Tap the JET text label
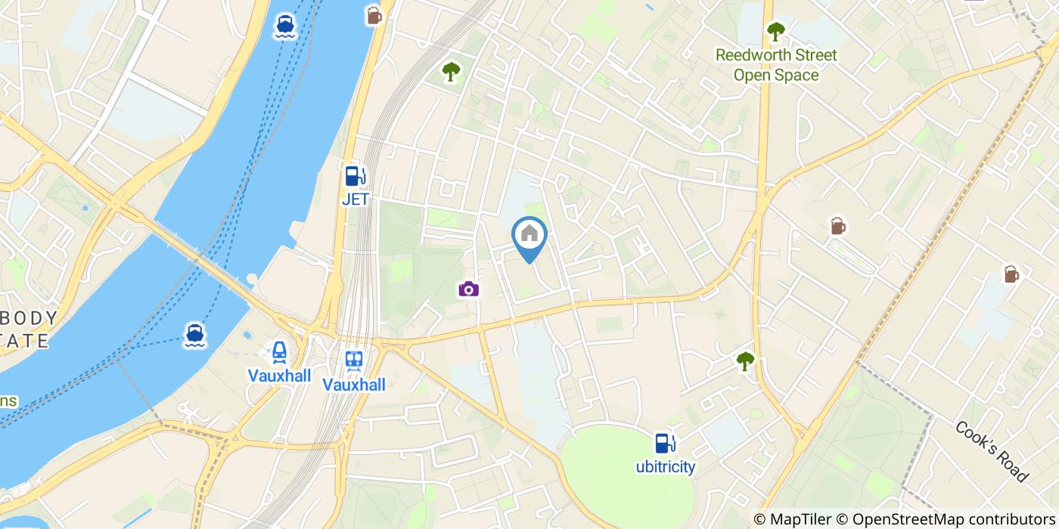(x=355, y=200)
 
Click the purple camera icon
(x=468, y=289)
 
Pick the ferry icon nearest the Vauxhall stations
(x=195, y=335)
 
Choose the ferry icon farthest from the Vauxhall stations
(x=285, y=25)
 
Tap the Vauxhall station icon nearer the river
(x=279, y=353)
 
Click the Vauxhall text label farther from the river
(x=354, y=385)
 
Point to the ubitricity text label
(x=665, y=467)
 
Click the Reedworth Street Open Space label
(x=776, y=65)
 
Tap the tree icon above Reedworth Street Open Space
(x=775, y=32)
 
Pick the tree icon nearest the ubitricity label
(x=746, y=361)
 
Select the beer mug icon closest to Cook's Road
(x=1011, y=274)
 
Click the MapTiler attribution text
(x=791, y=519)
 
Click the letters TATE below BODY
(x=26, y=340)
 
